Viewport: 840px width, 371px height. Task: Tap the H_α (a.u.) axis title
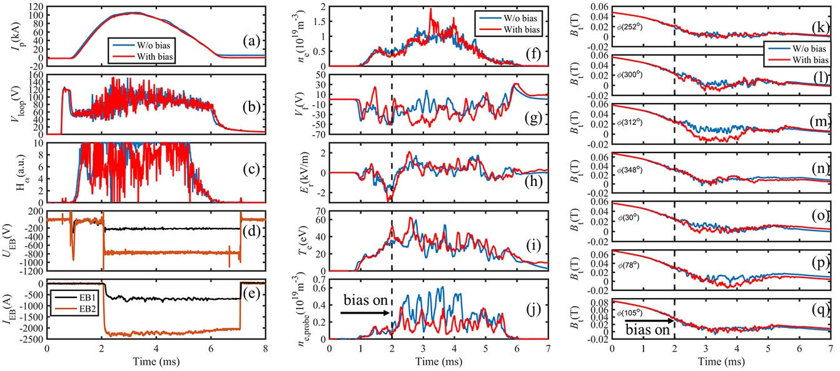click(12, 174)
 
